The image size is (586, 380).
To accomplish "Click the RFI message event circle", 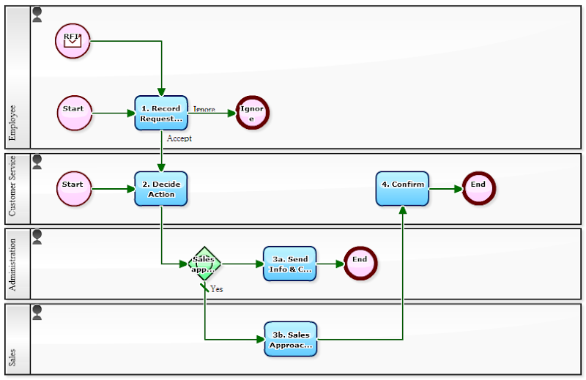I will tap(73, 40).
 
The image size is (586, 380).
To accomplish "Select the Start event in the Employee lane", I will tap(74, 113).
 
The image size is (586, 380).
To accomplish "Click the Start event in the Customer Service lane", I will tap(74, 188).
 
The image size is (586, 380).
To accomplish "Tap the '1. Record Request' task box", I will tap(161, 113).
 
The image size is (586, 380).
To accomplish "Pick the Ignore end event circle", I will tap(253, 113).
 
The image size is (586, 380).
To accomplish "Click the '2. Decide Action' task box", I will tap(161, 189).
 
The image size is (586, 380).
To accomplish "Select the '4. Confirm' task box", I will tap(402, 188).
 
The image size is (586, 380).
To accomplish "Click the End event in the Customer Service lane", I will tap(479, 188).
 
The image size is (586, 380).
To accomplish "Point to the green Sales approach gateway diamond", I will tap(204, 264).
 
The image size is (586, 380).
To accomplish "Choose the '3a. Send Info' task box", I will tap(290, 264).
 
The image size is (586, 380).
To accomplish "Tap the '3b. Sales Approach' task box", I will tap(290, 339).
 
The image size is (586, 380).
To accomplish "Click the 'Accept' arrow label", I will tap(179, 138).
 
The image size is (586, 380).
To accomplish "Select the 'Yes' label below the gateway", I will tap(217, 289).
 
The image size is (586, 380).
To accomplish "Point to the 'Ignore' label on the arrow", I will tap(204, 109).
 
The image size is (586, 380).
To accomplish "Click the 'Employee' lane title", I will tap(12, 122).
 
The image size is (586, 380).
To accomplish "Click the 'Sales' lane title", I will tap(12, 358).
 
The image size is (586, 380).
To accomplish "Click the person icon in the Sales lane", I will tap(37, 313).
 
